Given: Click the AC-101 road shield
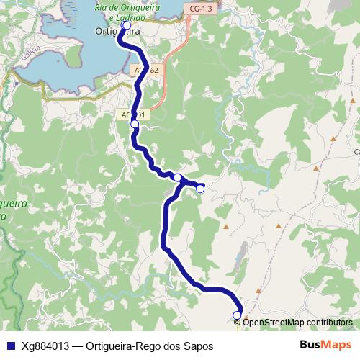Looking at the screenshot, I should (133, 114).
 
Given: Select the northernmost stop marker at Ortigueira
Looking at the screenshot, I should (127, 25).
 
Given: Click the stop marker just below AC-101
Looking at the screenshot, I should (135, 124).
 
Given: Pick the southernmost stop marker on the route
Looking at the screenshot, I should (237, 315).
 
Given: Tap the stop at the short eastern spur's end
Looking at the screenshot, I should (200, 189).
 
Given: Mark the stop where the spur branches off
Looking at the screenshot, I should (177, 177).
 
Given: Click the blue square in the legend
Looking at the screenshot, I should (11, 345).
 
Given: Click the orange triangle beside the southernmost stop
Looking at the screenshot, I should (246, 315).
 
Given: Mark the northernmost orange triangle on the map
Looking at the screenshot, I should (333, 138).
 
